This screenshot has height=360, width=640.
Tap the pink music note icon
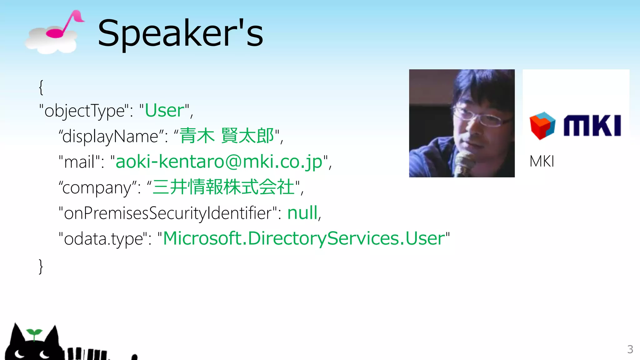(64, 25)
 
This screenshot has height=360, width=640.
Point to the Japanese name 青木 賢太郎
(227, 136)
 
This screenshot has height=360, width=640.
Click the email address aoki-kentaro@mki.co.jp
(219, 162)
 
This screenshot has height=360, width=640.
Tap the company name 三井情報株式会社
(223, 187)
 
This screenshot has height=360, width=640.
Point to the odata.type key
(103, 239)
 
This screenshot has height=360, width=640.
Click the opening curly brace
(41, 87)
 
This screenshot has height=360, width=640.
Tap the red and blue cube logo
(542, 126)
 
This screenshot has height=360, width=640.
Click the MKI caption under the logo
(542, 162)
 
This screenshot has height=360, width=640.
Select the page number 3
(630, 349)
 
